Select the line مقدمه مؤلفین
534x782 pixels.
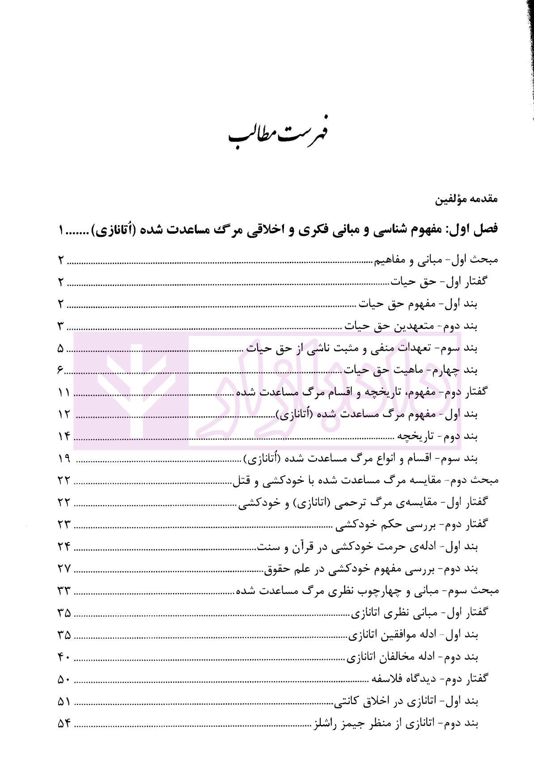point(467,200)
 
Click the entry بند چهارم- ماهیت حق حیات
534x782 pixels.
point(411,370)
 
